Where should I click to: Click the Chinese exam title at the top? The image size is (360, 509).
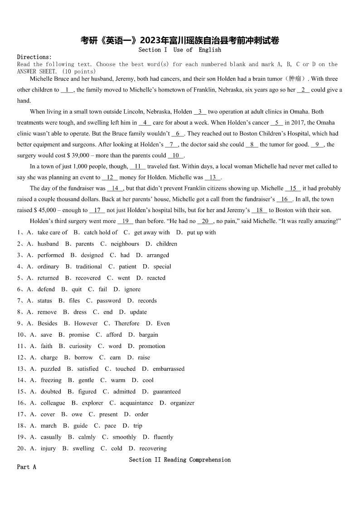tap(180, 40)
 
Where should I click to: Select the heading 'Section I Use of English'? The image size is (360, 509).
tap(180, 50)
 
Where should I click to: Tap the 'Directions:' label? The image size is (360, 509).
tap(34, 57)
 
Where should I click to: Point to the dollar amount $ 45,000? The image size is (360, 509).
tap(43, 210)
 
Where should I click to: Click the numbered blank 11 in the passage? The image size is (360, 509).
tap(137, 166)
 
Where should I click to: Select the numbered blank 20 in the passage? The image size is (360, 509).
tap(205, 221)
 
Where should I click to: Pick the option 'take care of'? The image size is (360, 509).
tap(52, 233)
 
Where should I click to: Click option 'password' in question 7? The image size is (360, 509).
tap(108, 301)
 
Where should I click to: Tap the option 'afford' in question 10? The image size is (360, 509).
tap(114, 335)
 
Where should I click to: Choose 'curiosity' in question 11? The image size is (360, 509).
tap(80, 346)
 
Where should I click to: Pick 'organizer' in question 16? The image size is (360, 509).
tap(182, 403)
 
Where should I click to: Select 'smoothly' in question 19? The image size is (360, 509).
tap(124, 437)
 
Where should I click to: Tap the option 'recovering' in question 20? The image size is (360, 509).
tap(153, 449)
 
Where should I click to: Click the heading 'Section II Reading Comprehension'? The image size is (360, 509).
tap(180, 460)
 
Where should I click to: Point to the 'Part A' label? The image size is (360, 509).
tap(26, 467)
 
